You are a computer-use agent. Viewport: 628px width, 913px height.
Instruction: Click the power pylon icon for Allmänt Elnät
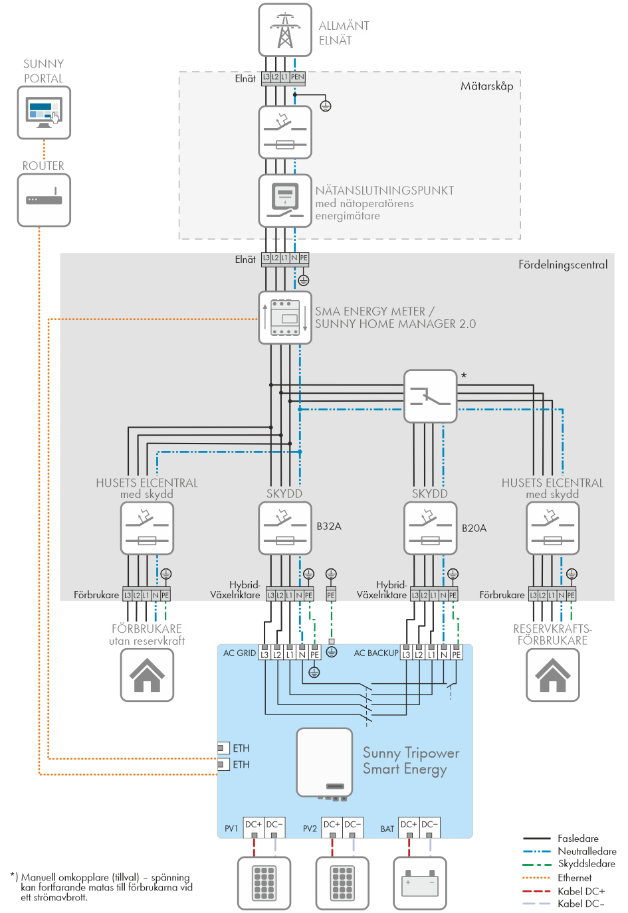285,30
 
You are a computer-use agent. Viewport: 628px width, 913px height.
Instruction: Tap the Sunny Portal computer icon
44,112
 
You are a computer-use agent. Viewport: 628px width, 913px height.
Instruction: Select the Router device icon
44,200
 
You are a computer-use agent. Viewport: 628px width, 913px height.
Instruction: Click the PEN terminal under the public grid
297,77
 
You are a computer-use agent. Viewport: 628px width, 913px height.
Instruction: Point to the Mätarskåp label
486,86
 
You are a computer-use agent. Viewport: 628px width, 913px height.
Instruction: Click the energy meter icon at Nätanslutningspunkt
285,201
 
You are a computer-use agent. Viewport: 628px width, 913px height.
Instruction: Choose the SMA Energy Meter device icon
285,317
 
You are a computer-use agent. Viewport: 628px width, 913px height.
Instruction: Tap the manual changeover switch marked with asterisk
430,396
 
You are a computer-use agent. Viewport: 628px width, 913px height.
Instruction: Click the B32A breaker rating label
329,526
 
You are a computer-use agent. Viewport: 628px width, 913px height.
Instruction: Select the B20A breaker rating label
474,528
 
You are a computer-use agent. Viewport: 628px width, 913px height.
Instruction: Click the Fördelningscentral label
563,264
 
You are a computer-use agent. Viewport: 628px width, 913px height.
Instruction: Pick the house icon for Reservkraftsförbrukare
552,675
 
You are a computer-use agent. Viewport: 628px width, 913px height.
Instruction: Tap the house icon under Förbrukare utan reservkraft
147,675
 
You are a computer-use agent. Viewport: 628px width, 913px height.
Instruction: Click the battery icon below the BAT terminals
419,883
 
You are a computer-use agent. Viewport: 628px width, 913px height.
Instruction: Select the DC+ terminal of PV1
254,825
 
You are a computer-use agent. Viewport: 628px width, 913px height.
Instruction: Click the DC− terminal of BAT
429,825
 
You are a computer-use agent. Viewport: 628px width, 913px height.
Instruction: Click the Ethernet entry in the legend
574,878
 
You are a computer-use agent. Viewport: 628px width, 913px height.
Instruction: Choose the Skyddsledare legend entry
586,864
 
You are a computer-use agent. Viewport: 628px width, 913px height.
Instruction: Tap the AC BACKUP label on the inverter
376,653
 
